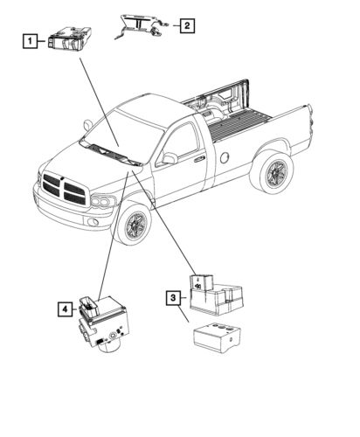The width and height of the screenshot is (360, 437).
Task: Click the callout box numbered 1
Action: coord(30,39)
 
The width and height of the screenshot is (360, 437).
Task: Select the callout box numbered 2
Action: coord(186,26)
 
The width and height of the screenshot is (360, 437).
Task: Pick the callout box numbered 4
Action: coord(65,309)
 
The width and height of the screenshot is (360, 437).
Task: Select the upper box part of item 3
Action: coord(214,292)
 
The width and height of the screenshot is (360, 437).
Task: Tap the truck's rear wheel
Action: coord(271,170)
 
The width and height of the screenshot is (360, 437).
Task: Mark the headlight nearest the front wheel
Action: coord(104,204)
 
